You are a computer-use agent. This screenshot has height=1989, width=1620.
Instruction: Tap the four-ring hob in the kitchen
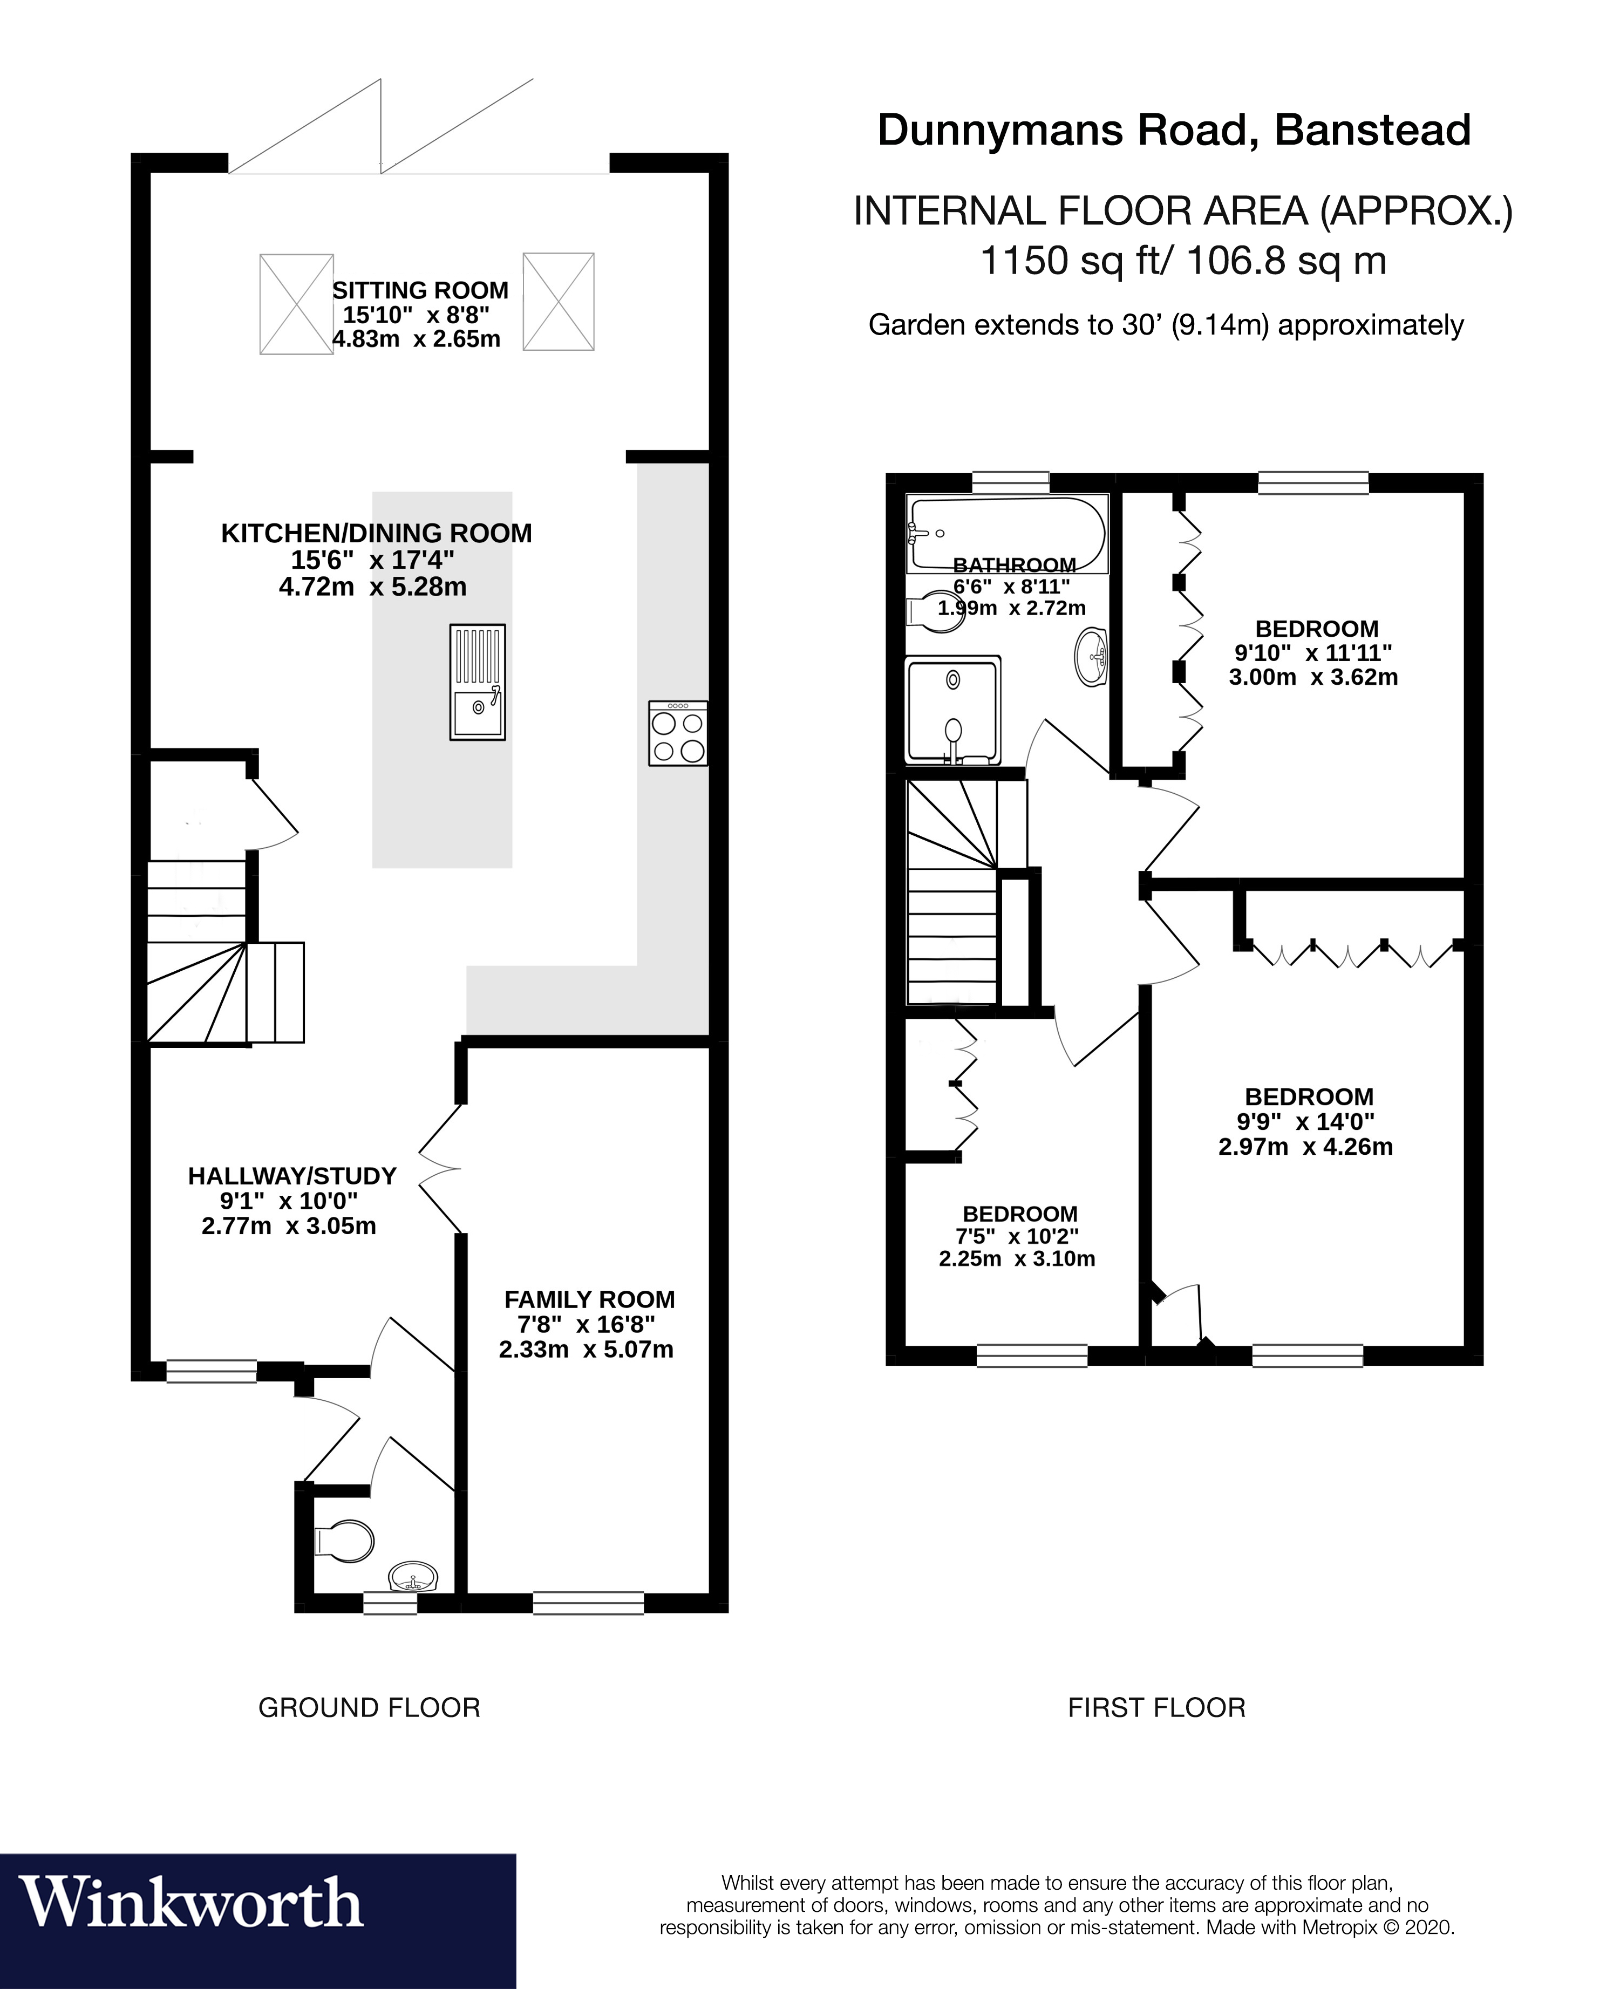coord(678,734)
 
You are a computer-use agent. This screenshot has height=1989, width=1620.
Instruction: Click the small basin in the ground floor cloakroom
coord(412,1578)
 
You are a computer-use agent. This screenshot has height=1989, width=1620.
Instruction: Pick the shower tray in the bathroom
coord(953,710)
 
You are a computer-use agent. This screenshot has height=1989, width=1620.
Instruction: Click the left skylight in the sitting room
coord(296,304)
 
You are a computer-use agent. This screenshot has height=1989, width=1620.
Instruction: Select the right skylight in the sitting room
coord(559,301)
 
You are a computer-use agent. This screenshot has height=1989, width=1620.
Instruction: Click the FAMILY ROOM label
coord(589,1299)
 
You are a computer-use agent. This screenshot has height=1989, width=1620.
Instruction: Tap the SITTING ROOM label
coord(420,290)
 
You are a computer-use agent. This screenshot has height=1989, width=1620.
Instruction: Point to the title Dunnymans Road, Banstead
coord(1174,131)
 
